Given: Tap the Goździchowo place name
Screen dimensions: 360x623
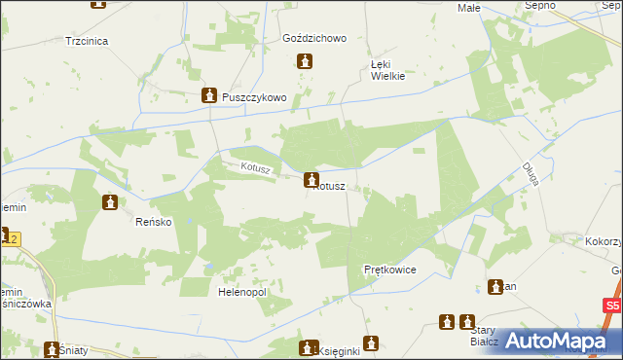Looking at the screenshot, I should (314, 39).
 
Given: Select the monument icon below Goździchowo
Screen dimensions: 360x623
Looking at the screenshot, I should (305, 62).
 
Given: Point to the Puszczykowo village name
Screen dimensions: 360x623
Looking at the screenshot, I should (253, 97).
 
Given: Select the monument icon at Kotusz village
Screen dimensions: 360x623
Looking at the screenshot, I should (311, 179).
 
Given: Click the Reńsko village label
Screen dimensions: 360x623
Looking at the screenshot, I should (153, 222).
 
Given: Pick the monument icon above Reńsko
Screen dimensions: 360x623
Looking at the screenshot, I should (110, 202).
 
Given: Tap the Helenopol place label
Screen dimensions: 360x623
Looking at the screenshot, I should (242, 291).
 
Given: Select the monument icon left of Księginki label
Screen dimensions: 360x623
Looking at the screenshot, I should (309, 347).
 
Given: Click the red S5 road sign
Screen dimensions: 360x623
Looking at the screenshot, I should (610, 306).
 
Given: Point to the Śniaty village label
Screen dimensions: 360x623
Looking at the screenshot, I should (71, 349).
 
